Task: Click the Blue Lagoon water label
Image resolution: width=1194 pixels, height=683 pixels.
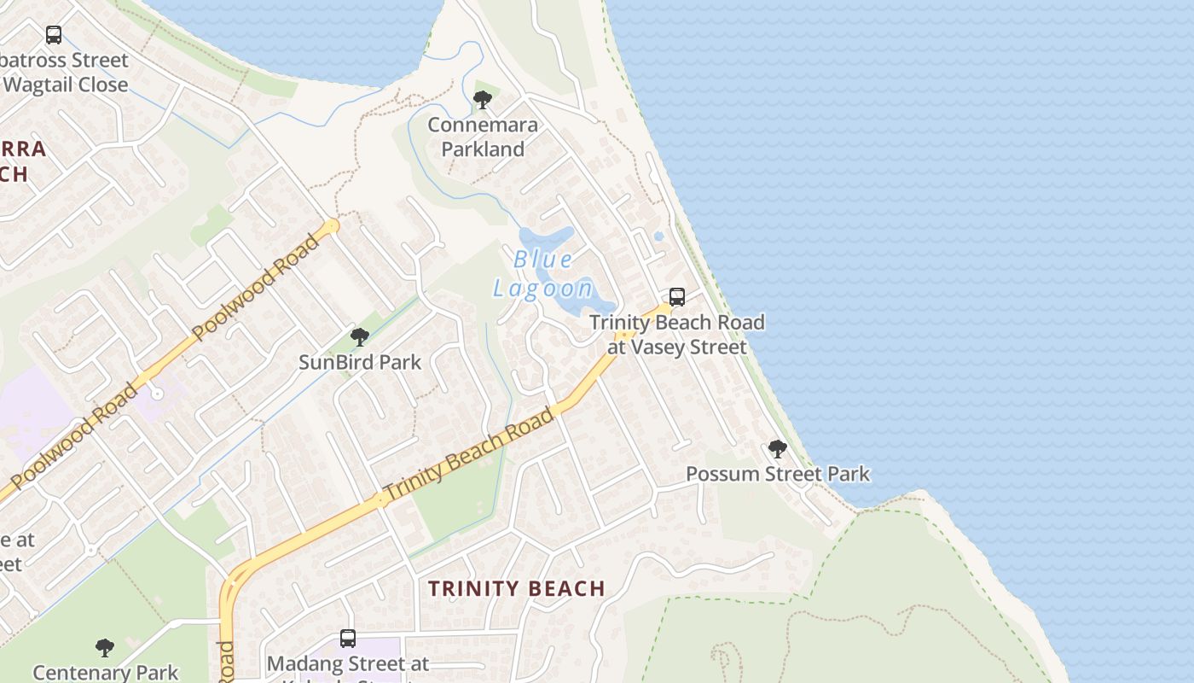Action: [543, 273]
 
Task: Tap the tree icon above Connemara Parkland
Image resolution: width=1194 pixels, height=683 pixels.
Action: [483, 100]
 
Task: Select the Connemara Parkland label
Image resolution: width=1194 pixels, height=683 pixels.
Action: [483, 137]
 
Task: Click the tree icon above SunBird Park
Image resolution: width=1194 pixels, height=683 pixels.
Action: [360, 337]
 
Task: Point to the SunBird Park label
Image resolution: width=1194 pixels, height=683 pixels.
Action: [360, 362]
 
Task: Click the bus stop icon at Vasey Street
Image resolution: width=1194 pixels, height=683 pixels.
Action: [677, 297]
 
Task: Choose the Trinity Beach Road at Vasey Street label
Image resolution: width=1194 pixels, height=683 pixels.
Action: [677, 335]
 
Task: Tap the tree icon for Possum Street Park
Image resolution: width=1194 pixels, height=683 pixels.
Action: [777, 449]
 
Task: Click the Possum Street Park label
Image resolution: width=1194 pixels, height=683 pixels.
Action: [778, 474]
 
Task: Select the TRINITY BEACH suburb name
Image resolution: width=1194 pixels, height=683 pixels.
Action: [517, 588]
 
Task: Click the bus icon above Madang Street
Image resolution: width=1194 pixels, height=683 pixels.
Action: [348, 638]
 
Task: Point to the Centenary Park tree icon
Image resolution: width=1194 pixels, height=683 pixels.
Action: [105, 647]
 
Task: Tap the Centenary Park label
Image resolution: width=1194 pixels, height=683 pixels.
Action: [106, 672]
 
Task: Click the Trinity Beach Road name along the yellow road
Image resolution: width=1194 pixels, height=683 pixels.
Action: [468, 456]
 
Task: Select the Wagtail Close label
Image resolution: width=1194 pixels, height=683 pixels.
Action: [66, 85]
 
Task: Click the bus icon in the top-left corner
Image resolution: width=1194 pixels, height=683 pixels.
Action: [54, 35]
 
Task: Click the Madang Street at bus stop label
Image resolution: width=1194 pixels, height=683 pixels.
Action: [348, 663]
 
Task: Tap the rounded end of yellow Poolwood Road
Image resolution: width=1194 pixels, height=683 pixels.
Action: [332, 226]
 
